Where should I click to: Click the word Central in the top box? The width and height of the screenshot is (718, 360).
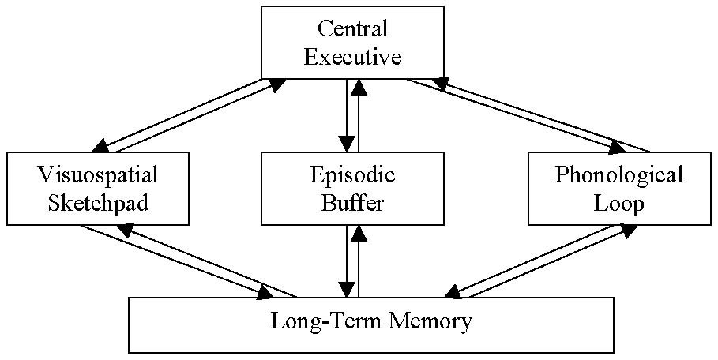[x=353, y=29]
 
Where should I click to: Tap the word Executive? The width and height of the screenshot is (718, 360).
[x=353, y=57]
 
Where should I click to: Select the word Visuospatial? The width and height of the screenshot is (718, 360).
[x=99, y=174]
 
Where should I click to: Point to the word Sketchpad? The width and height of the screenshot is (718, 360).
[x=99, y=203]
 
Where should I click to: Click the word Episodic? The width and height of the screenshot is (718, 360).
[x=353, y=174]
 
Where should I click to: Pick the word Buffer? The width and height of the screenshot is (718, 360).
[x=353, y=203]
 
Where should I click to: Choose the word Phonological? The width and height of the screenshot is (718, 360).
[x=618, y=174]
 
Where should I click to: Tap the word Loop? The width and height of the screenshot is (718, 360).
[x=618, y=203]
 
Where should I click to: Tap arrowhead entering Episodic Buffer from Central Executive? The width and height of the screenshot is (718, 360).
[x=346, y=144]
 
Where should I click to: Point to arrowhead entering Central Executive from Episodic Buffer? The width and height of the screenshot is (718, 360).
[x=360, y=87]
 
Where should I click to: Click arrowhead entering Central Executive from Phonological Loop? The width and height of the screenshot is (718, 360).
[x=438, y=82]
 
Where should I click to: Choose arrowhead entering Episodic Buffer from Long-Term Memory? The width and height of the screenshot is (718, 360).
[x=360, y=231]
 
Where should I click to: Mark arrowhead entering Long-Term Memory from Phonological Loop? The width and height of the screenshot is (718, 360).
[x=453, y=292]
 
